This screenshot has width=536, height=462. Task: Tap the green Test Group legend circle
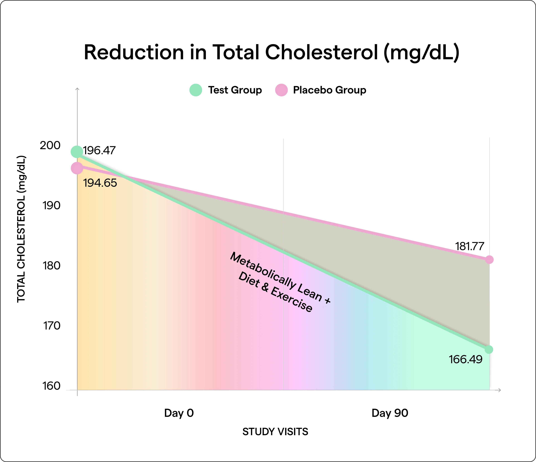[196, 90]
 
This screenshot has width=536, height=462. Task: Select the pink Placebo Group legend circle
[281, 90]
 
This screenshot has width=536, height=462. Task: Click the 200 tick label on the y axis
[50, 146]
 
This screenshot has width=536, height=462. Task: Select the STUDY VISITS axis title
[275, 432]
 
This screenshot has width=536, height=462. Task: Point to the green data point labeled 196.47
[77, 152]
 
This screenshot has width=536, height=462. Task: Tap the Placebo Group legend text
[329, 90]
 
